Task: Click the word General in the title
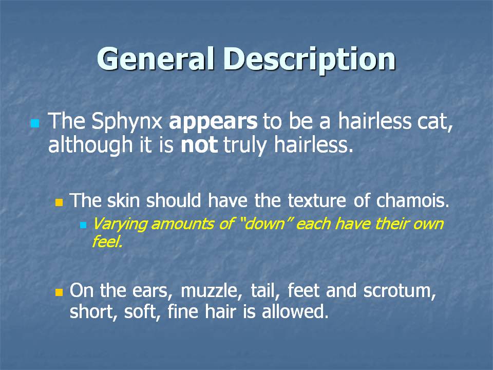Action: click(156, 59)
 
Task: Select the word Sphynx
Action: click(127, 122)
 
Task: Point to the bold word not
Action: click(199, 145)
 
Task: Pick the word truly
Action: click(245, 146)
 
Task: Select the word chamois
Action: click(412, 200)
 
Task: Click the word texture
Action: click(317, 201)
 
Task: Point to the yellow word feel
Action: click(107, 242)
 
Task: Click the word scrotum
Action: click(400, 291)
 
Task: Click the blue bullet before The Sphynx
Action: click(35, 123)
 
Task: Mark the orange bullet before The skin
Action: click(59, 202)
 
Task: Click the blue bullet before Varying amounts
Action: click(83, 225)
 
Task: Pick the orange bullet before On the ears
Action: click(59, 292)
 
